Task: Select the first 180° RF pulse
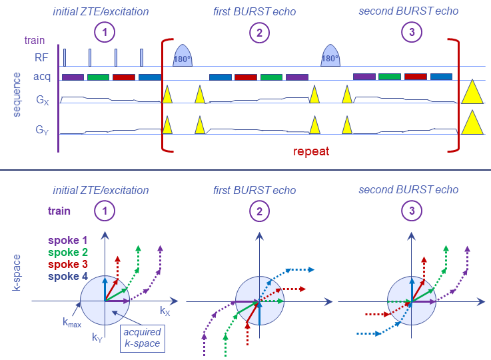(x=183, y=56)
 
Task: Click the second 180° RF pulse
(x=330, y=56)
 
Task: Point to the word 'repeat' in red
(x=311, y=152)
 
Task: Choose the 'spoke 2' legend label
(x=68, y=253)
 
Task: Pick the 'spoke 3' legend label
(x=68, y=265)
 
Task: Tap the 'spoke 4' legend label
(x=68, y=277)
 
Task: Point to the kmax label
(x=72, y=323)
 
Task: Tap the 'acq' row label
(x=43, y=77)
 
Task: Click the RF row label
(x=42, y=58)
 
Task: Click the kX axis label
(x=165, y=311)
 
